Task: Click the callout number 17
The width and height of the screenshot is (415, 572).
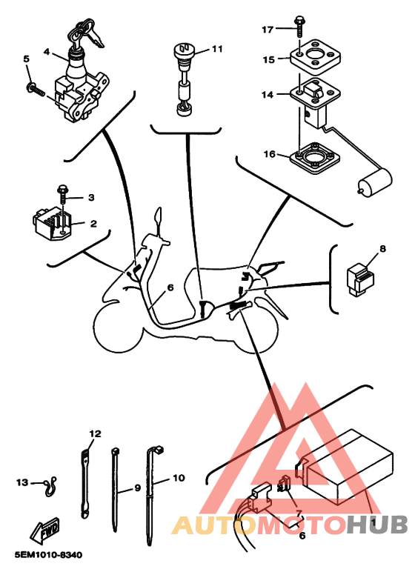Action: (268, 29)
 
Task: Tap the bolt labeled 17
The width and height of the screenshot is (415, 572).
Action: (299, 25)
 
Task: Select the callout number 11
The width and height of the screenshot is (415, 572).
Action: (217, 48)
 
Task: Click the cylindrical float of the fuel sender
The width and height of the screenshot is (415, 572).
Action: (374, 182)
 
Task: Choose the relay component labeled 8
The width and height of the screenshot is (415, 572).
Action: (360, 279)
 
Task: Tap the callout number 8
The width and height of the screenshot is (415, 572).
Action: (382, 249)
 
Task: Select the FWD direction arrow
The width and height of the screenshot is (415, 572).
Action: (45, 531)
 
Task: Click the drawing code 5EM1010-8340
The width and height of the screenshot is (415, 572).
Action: (49, 555)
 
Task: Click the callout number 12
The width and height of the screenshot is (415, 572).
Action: (95, 433)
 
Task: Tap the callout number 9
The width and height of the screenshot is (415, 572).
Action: (138, 488)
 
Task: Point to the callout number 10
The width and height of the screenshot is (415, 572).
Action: (179, 477)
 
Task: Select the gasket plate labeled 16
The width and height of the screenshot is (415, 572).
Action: (316, 159)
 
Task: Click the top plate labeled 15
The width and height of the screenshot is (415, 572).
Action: (316, 55)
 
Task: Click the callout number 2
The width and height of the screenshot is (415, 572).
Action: (93, 223)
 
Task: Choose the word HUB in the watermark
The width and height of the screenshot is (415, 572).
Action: (377, 525)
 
